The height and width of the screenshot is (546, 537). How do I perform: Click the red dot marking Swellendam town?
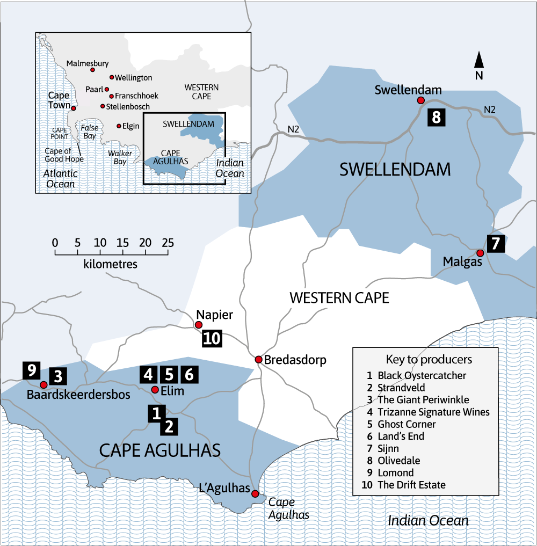(421, 100)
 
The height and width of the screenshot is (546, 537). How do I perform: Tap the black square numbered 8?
(436, 117)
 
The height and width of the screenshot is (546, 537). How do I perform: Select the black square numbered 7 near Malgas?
(495, 244)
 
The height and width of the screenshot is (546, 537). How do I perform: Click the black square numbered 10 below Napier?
(212, 339)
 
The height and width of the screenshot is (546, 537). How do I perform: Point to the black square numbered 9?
(31, 370)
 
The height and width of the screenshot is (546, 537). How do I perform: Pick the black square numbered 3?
(58, 376)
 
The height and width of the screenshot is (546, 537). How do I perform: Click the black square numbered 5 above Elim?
(169, 374)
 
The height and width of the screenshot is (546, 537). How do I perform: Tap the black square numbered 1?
(156, 413)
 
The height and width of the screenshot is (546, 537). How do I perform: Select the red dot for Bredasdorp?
(258, 359)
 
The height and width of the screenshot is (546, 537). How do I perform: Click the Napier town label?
(211, 315)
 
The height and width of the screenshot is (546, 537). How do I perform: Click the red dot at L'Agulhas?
(255, 494)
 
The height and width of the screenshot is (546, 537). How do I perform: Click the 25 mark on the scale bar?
(168, 243)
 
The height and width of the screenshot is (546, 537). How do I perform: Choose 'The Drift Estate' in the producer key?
(411, 485)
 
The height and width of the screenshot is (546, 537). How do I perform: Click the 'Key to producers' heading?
(429, 359)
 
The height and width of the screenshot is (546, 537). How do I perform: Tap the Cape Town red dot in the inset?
(74, 108)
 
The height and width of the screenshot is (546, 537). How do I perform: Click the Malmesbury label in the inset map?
(88, 63)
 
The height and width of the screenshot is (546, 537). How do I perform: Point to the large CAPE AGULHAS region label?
(160, 450)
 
